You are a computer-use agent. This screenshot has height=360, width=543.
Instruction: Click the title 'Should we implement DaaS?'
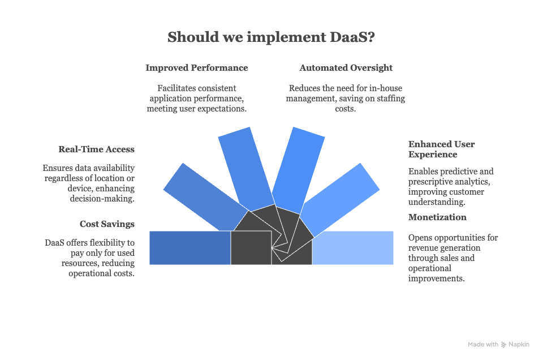tap(271, 37)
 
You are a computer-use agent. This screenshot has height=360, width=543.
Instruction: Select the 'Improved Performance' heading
tap(196, 68)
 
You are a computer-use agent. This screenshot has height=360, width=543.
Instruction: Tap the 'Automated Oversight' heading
tap(346, 68)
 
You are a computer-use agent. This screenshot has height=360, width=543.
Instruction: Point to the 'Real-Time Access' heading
tap(96, 149)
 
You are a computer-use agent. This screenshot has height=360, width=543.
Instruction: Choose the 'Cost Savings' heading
tap(107, 224)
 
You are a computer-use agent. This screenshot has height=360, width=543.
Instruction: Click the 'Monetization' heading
tap(437, 217)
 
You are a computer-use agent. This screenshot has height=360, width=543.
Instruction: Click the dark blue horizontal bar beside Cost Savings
tap(189, 248)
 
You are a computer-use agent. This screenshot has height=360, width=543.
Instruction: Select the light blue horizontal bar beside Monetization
tap(353, 248)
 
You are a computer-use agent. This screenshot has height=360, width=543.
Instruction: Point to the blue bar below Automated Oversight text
tap(298, 168)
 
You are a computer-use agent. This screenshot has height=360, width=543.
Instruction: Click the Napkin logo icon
tap(503, 345)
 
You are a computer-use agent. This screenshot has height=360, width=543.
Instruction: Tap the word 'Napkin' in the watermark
tap(519, 345)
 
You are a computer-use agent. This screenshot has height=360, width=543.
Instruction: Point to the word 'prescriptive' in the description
tap(430, 182)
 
